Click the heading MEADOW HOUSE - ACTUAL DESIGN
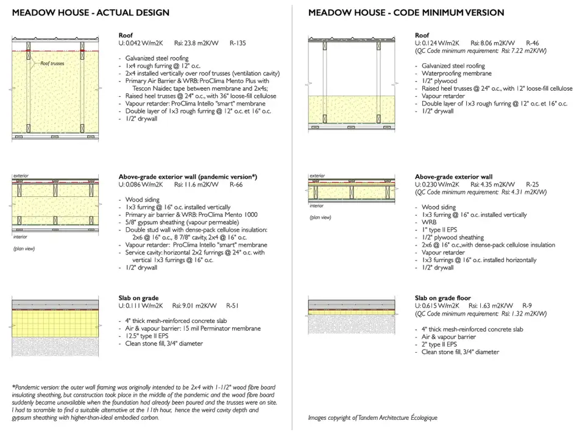point(91,13)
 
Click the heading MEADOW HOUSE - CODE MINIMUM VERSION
point(406,13)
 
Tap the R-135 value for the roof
point(238,43)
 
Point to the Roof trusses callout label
point(52,63)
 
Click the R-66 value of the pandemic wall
point(236,184)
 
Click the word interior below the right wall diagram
point(317,206)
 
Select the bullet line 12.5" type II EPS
point(152,336)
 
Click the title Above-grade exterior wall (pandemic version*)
point(188,177)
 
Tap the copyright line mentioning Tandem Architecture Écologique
point(372,418)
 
